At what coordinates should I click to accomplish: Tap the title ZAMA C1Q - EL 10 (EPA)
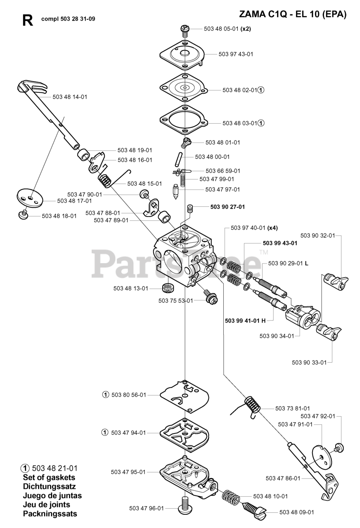point(293,14)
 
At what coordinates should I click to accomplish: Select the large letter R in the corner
point(28,21)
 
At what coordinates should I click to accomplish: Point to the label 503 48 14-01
point(70,97)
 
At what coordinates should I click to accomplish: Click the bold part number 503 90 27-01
point(227,207)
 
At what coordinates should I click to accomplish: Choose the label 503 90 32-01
point(317,236)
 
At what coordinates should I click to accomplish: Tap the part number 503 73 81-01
point(293,408)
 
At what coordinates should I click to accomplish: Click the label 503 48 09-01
point(296,512)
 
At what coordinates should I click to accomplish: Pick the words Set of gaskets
point(49,477)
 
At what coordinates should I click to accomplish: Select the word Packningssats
point(50,514)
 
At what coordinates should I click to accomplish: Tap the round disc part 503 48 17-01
point(30,196)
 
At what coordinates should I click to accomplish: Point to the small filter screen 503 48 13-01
point(168,288)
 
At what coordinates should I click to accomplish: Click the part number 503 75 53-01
point(175,301)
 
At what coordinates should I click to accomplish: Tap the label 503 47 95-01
point(128,472)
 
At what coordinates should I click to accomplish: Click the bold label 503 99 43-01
point(280,243)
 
